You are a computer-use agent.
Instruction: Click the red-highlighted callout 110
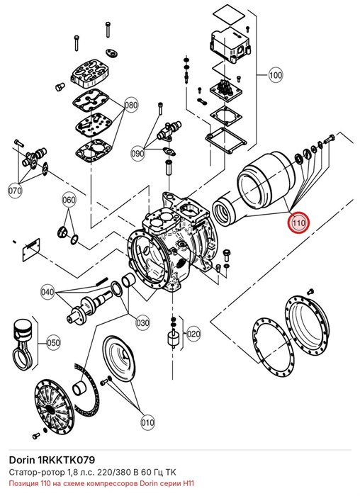coord(298,222)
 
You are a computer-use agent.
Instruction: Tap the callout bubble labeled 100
coord(276,75)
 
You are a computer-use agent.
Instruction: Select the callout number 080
coord(130,105)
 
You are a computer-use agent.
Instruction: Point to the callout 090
coord(137,154)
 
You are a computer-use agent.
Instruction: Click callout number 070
coord(15,191)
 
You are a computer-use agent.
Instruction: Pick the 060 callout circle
coord(69,200)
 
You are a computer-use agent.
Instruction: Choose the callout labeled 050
coord(53,342)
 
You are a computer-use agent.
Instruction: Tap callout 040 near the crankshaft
coord(47,292)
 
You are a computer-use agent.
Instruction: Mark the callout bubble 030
coord(142,322)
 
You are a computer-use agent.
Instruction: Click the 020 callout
coord(193,334)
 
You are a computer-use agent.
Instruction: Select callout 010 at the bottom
coord(147,422)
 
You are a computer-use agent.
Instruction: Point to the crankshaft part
coord(89,306)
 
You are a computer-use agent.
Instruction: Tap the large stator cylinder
coord(266,181)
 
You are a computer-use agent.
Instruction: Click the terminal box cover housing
coord(230,44)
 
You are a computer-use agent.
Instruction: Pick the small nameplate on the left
coord(31,249)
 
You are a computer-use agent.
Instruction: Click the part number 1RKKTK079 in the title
coord(66,460)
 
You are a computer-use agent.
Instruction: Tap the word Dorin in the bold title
coord(22,460)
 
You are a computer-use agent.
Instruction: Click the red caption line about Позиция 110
coord(101,483)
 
